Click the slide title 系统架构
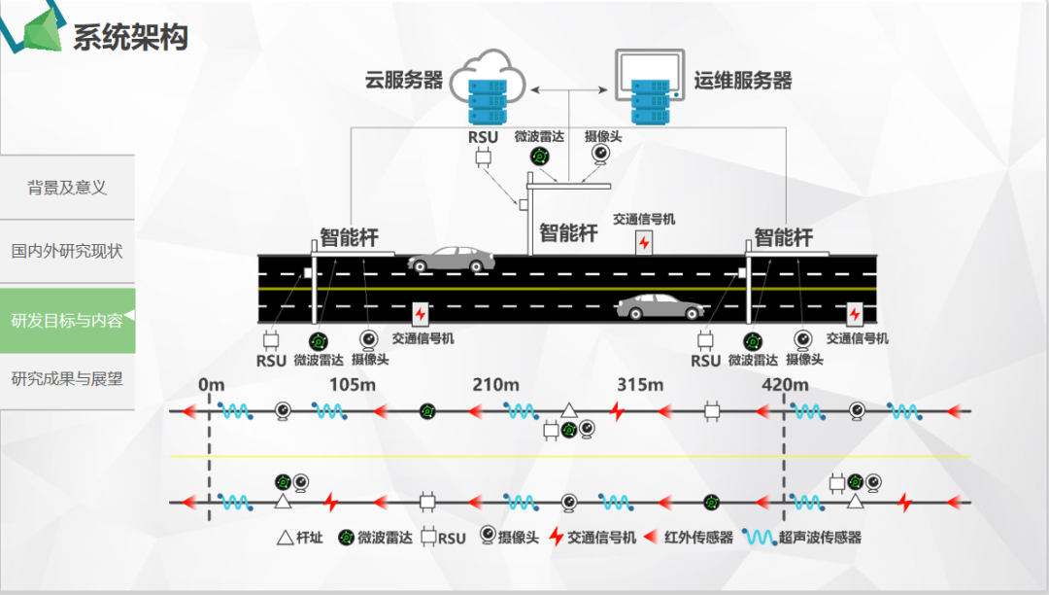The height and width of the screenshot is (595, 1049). (x=130, y=37)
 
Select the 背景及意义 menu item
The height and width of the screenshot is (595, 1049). (x=67, y=188)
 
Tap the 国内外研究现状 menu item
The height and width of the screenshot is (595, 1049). (x=67, y=251)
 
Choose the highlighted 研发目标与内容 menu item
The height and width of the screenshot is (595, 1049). (x=67, y=320)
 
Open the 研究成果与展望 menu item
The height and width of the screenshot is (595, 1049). (x=67, y=378)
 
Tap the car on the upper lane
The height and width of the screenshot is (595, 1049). (x=450, y=260)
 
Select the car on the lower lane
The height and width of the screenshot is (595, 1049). (x=660, y=307)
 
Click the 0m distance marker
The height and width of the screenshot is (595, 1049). (x=211, y=385)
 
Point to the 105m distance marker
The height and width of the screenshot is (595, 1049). (x=352, y=385)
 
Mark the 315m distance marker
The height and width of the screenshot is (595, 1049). (x=640, y=385)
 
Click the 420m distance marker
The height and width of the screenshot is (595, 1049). (x=785, y=385)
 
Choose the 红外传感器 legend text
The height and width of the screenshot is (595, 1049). (x=698, y=538)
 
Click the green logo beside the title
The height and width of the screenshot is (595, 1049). (x=37, y=31)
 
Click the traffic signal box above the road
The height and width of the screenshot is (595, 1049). (x=644, y=242)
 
